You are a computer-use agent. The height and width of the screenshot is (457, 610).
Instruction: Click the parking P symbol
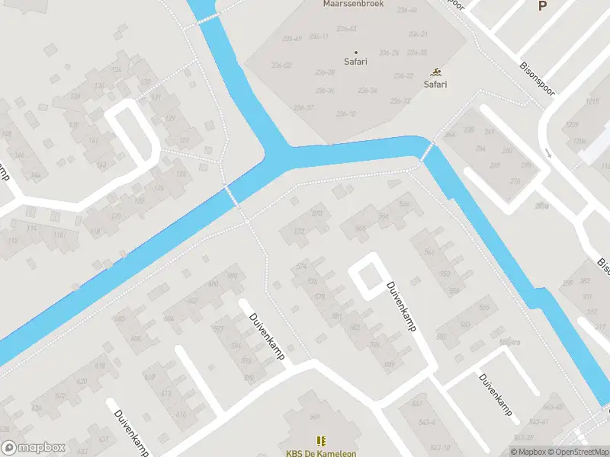click(543, 6)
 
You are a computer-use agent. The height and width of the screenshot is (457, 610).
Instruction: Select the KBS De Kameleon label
click(321, 453)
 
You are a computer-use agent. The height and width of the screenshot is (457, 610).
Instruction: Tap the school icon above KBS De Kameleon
click(321, 440)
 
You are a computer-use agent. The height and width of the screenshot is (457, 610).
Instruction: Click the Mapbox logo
click(32, 448)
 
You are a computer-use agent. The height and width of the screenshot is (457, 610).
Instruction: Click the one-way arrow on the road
click(547, 153)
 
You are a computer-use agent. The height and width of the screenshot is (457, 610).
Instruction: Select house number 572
click(299, 231)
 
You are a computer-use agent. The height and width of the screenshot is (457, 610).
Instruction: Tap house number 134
click(117, 70)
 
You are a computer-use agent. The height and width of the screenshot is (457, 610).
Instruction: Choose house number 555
click(483, 308)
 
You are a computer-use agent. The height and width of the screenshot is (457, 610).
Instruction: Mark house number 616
click(181, 414)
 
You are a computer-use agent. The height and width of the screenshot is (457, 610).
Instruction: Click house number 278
click(515, 181)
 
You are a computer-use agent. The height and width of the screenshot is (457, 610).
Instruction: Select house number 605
click(119, 318)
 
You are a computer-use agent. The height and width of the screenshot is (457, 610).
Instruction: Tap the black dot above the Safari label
click(355, 52)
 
